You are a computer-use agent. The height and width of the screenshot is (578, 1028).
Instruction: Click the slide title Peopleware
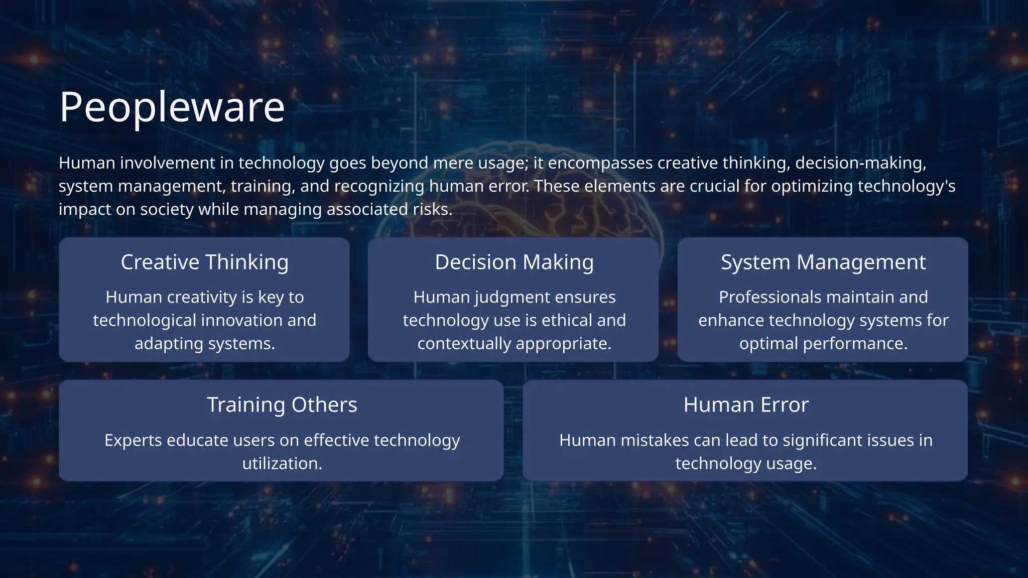click(x=172, y=107)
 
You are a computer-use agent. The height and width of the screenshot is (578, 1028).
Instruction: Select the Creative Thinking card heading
click(x=204, y=262)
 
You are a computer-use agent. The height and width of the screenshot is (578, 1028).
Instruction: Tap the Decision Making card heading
click(x=514, y=262)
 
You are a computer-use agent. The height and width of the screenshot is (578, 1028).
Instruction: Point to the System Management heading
click(x=823, y=262)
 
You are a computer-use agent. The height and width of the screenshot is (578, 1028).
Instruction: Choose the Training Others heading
click(x=282, y=405)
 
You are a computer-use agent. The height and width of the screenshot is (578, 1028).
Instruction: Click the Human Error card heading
click(x=745, y=405)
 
